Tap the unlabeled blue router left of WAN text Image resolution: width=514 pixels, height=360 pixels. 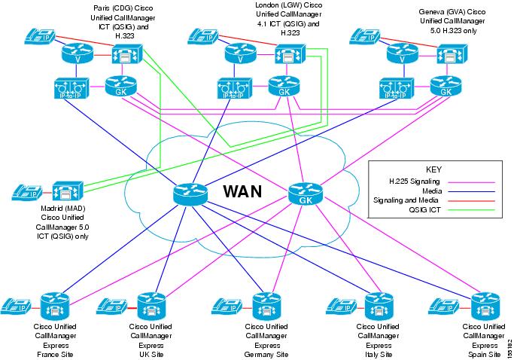click(185, 194)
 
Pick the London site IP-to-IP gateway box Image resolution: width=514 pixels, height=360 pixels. click(231, 89)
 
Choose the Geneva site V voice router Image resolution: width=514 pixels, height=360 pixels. click(399, 55)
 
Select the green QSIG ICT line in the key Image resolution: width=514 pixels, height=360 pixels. click(472, 212)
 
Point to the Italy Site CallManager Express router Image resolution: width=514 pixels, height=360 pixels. click(376, 306)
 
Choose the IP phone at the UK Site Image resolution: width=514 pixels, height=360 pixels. click(115, 307)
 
